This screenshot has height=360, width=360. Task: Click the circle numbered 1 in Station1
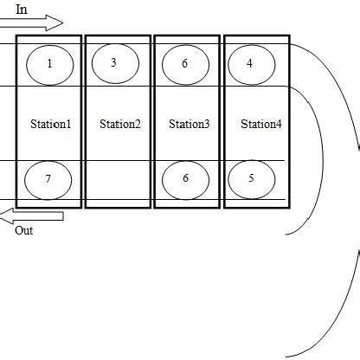pyautogui.click(x=49, y=62)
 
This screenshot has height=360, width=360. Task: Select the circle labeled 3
pyautogui.click(x=114, y=62)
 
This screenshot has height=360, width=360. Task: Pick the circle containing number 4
pyautogui.click(x=250, y=62)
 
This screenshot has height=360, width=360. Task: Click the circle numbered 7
pyautogui.click(x=48, y=179)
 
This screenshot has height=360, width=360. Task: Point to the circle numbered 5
pyautogui.click(x=251, y=179)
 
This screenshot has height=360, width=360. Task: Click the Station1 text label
pyautogui.click(x=49, y=124)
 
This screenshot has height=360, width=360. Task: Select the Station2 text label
pyautogui.click(x=119, y=124)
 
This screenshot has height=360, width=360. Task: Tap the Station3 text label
pyautogui.click(x=189, y=124)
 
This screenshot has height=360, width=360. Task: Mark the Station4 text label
pyautogui.click(x=260, y=124)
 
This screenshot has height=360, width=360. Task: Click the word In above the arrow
pyautogui.click(x=22, y=8)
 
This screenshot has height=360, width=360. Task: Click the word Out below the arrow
pyautogui.click(x=23, y=231)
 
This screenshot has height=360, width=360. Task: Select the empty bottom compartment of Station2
pyautogui.click(x=119, y=182)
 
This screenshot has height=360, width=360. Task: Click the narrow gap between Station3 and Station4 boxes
pyautogui.click(x=220, y=121)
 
